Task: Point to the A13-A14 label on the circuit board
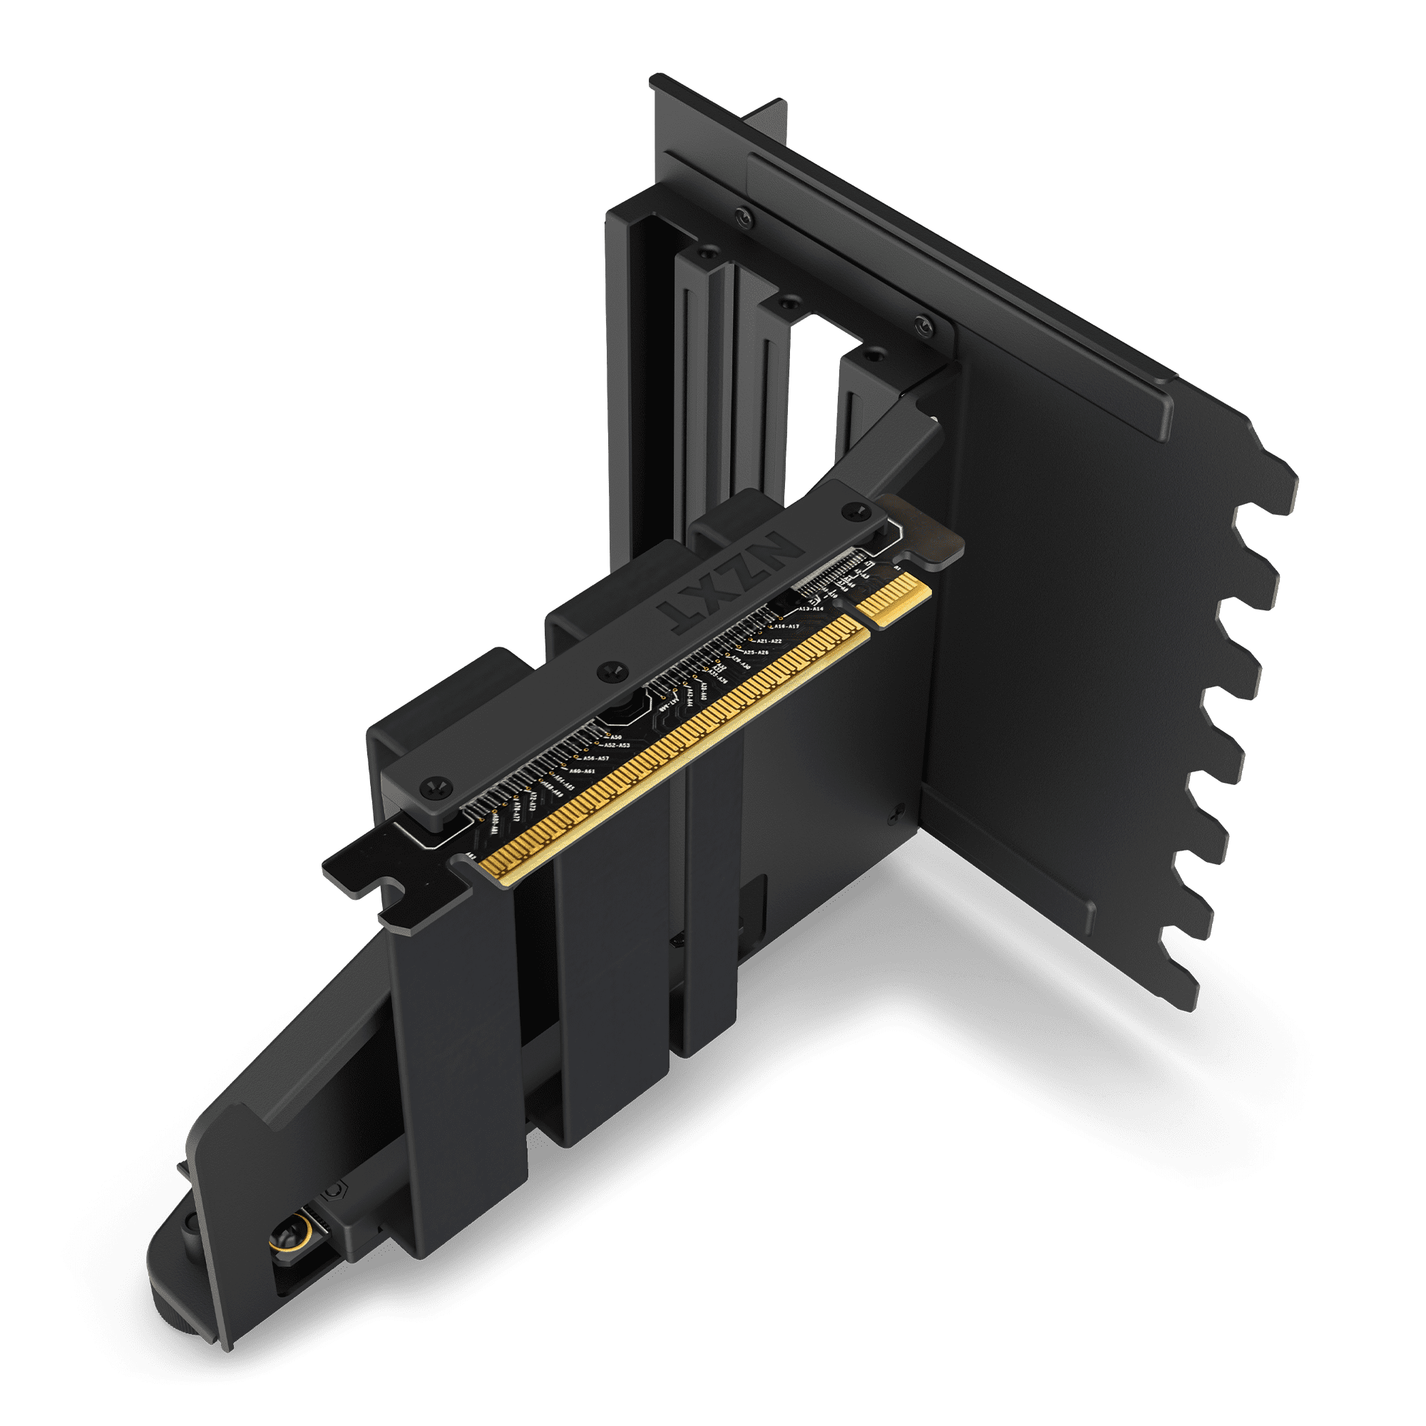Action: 811,609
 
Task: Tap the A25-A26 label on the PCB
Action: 755,652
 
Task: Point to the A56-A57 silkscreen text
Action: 595,759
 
